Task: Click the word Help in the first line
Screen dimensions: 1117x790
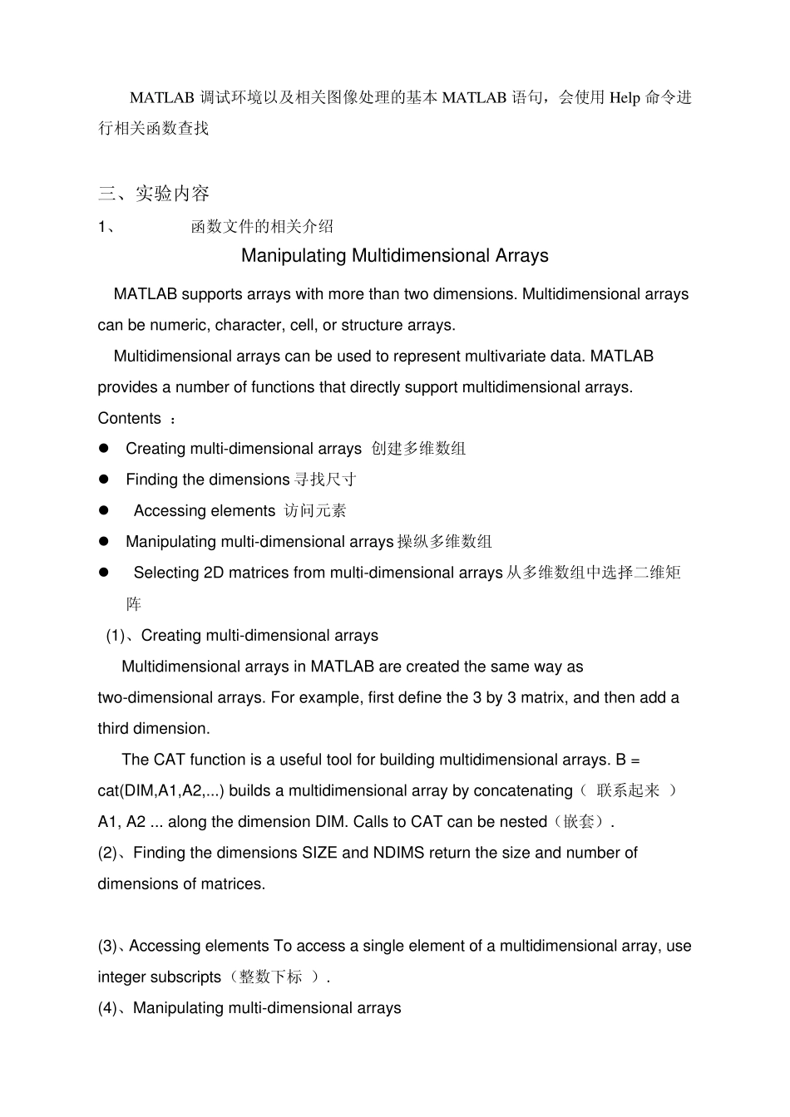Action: pyautogui.click(x=625, y=98)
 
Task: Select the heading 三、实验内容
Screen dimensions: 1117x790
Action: pyautogui.click(x=154, y=194)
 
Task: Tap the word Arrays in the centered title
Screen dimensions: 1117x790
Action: pyautogui.click(x=521, y=256)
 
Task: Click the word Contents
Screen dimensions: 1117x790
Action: pyautogui.click(x=129, y=418)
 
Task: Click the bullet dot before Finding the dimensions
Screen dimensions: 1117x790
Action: pyautogui.click(x=104, y=480)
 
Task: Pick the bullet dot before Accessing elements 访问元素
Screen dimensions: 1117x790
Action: pyautogui.click(x=104, y=510)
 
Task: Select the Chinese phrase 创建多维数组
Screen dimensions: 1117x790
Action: pyautogui.click(x=418, y=449)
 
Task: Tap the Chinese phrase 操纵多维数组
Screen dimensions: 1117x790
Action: pyautogui.click(x=444, y=542)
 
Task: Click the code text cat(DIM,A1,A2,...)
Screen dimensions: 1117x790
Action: pyautogui.click(x=160, y=790)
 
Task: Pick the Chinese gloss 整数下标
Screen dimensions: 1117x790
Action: pyautogui.click(x=270, y=977)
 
